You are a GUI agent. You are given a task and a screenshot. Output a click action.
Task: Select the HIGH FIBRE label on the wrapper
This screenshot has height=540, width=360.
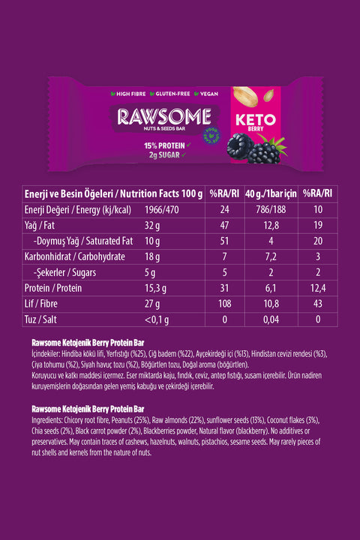point(130,94)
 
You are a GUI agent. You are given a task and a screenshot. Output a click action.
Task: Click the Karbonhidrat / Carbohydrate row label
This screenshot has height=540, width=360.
point(73,257)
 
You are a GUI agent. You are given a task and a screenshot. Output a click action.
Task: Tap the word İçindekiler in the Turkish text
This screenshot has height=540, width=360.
point(49,352)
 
